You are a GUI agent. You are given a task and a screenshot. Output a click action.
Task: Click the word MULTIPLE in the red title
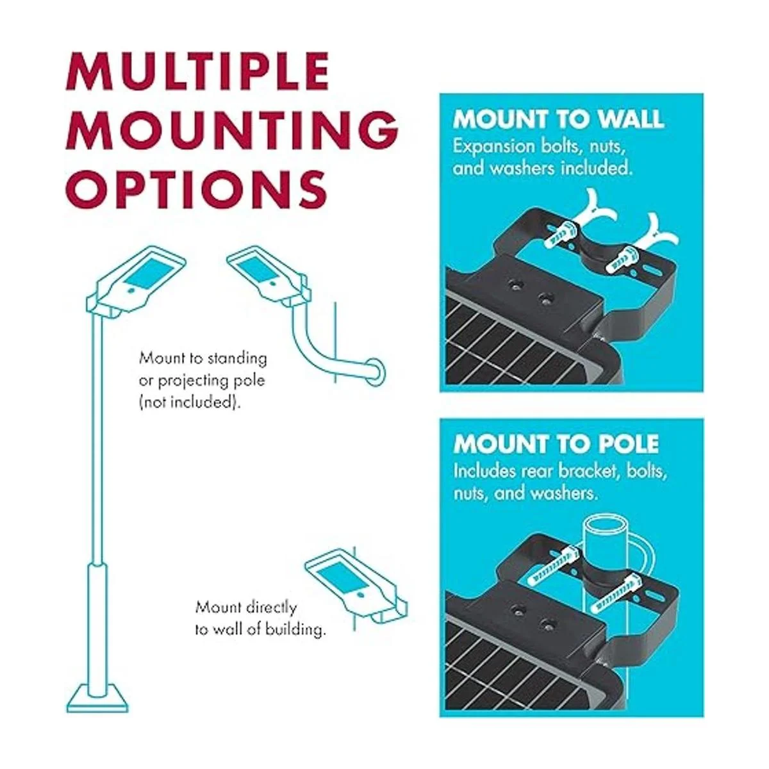click(x=197, y=72)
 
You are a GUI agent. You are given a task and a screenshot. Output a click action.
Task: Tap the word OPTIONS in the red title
click(x=196, y=188)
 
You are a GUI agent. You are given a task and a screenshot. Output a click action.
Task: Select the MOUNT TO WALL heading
click(x=558, y=119)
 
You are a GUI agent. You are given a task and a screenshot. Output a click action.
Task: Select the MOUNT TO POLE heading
click(x=556, y=443)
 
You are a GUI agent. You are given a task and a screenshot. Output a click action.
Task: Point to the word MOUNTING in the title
click(x=231, y=131)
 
